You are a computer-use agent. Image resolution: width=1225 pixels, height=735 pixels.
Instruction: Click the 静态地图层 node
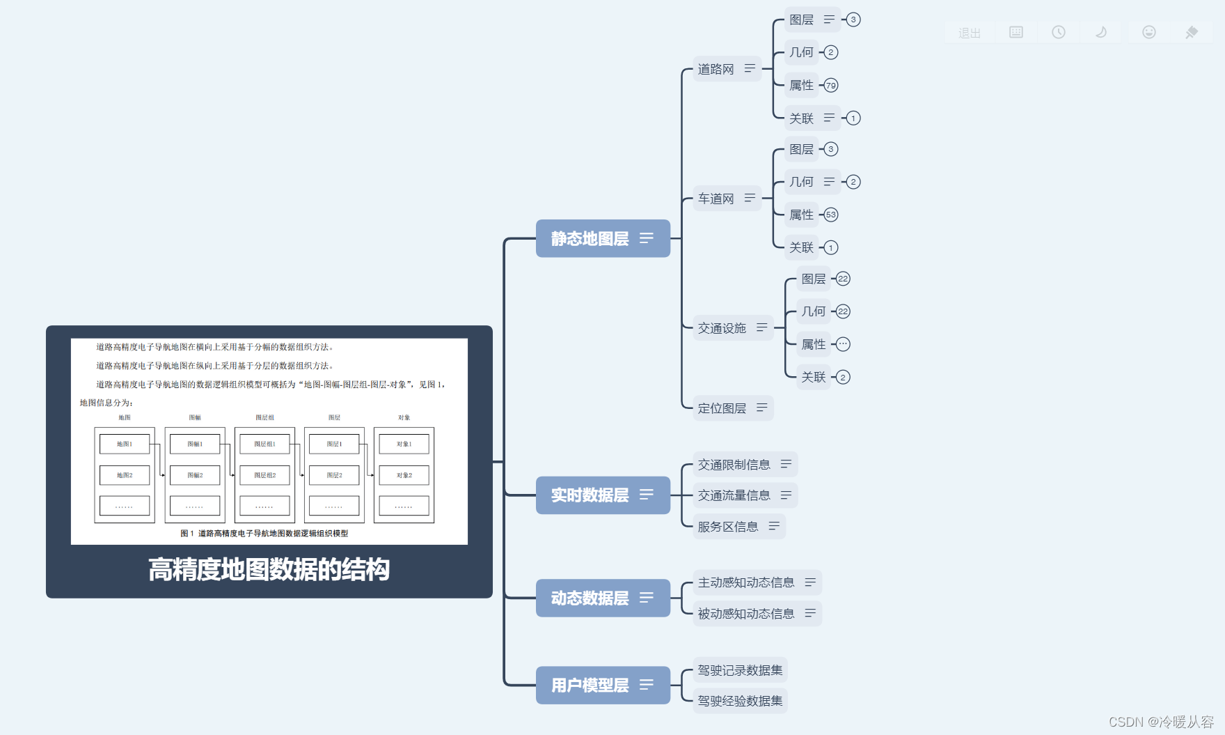590,239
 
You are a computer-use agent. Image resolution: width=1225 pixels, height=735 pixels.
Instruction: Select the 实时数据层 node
590,495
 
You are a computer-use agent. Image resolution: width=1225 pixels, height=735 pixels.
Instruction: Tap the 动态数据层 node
590,598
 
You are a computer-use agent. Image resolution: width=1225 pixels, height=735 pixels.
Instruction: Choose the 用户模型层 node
590,686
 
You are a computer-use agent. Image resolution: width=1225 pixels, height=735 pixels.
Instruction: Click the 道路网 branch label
716,69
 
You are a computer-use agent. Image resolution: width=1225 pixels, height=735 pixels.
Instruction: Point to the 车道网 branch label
716,199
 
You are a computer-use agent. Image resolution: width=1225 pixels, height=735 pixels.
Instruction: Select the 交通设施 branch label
722,328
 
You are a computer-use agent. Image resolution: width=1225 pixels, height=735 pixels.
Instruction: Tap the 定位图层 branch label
722,408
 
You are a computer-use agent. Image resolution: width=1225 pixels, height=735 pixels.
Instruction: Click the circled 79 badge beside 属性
831,86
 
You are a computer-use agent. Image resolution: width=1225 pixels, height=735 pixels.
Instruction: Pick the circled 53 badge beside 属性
831,215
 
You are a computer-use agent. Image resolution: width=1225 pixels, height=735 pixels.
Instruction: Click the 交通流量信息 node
734,495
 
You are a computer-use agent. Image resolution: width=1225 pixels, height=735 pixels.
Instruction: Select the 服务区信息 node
728,527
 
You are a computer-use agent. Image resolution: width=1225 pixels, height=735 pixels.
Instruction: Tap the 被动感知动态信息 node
746,614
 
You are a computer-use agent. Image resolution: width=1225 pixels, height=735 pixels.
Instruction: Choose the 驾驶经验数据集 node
741,701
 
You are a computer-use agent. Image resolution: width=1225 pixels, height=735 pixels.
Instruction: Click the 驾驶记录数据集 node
741,670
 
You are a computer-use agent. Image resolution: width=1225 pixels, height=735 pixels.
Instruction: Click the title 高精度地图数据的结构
269,570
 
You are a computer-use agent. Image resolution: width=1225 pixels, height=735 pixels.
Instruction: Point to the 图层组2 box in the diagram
264,475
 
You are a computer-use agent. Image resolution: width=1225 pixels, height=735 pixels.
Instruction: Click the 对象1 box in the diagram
404,444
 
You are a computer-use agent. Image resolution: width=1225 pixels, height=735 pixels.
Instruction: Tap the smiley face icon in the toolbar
1149,32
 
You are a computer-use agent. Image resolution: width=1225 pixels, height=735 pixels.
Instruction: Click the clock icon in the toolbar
1059,32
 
